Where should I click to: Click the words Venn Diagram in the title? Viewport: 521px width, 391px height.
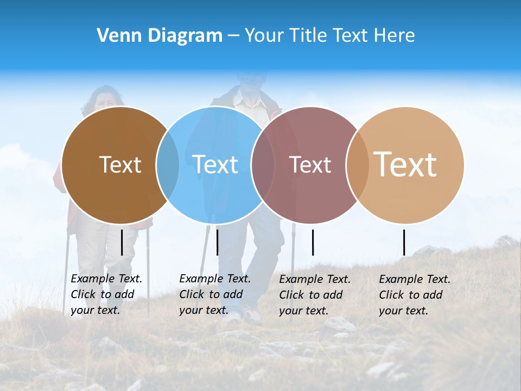160,36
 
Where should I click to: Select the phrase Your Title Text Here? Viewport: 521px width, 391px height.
329,36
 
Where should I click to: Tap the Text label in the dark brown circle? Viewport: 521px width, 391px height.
120,165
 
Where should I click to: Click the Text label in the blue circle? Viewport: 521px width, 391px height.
215,165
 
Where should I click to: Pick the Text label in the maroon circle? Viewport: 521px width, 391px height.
310,165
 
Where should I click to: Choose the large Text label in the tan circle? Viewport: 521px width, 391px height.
405,164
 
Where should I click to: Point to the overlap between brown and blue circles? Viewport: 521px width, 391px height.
168,165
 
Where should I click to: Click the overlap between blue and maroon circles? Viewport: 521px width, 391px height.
263,165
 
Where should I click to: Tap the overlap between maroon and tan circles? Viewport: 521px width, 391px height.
358,165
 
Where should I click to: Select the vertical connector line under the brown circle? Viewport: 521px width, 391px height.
122,242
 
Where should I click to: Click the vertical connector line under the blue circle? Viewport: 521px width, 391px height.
217,242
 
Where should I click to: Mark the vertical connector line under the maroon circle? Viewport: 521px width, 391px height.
313,242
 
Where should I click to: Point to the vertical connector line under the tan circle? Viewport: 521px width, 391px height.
404,242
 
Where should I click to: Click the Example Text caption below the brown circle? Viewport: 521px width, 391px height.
106,294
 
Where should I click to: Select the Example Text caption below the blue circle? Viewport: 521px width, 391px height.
214,294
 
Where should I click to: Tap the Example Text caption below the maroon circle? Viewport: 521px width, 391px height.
314,295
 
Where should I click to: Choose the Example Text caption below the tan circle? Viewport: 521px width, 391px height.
414,295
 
